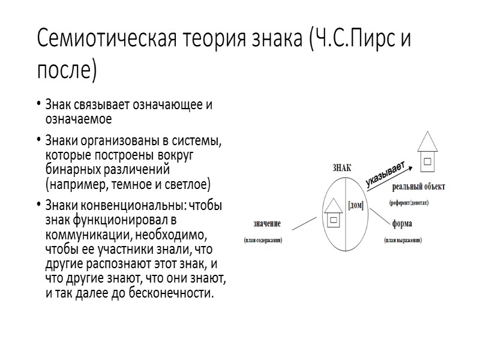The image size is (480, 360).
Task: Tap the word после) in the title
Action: pyautogui.click(x=67, y=70)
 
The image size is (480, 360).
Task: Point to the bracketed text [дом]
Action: pyautogui.click(x=356, y=205)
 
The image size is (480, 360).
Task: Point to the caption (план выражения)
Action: pyautogui.click(x=403, y=240)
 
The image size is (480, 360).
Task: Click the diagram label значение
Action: pyautogui.click(x=268, y=224)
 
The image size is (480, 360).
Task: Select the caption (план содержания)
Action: pyautogui.click(x=263, y=240)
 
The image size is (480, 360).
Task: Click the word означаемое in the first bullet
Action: pyautogui.click(x=83, y=118)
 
